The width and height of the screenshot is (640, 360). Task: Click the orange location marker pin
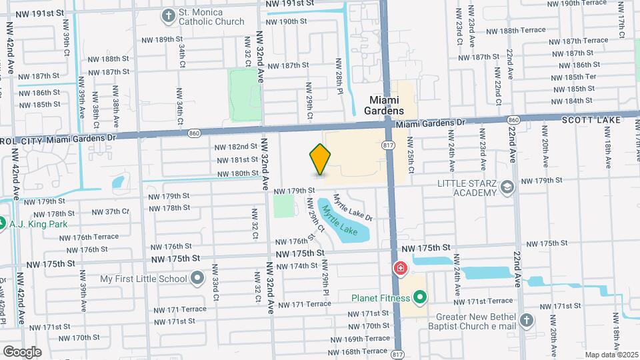click(x=321, y=159)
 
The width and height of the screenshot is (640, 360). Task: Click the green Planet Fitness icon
click(x=420, y=297)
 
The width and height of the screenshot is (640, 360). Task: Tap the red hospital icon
click(x=400, y=269)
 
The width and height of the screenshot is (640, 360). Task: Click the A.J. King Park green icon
click(x=2, y=223)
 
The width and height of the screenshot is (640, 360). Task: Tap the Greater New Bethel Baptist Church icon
click(x=527, y=321)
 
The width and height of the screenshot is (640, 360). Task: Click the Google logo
click(x=22, y=351)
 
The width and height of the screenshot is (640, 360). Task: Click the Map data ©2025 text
click(x=611, y=354)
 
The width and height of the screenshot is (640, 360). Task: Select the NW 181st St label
click(x=236, y=160)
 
